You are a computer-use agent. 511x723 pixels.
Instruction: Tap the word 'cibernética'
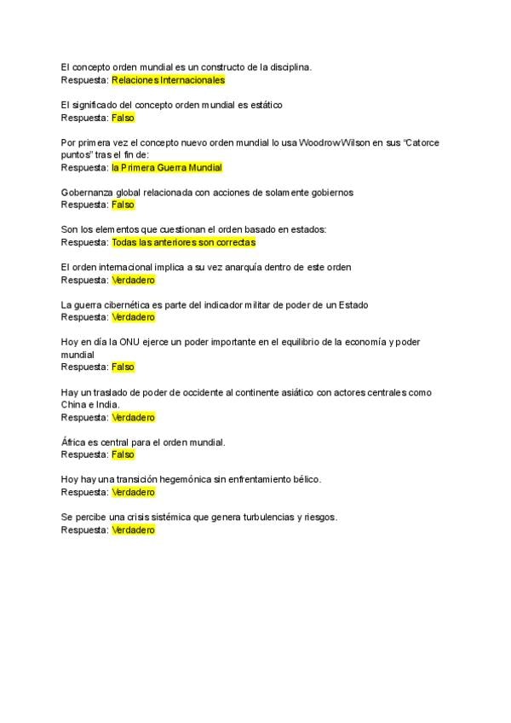coord(128,304)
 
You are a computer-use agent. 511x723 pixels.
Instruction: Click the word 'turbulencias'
coord(278,518)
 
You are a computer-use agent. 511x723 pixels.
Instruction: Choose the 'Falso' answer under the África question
coord(123,454)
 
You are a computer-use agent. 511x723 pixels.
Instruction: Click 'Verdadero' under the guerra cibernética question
coord(133,317)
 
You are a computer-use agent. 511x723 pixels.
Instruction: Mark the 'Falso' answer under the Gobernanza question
coord(123,205)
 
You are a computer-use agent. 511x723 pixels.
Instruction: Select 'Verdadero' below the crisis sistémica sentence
coord(133,529)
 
